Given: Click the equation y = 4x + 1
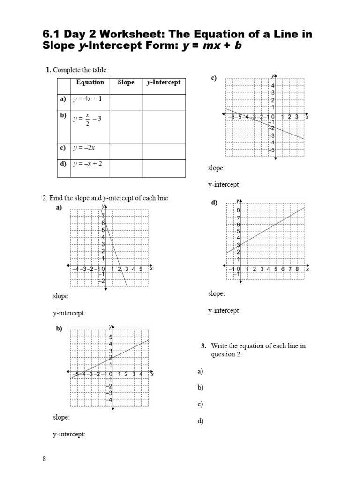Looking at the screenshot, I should tap(87, 99).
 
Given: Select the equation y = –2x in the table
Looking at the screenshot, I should tap(84, 148).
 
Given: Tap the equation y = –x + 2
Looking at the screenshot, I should tap(87, 164).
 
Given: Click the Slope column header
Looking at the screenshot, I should tap(126, 82).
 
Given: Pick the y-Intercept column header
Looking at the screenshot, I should tap(163, 82).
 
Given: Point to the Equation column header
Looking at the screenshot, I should tap(90, 82).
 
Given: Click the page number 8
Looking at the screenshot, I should tap(45, 459).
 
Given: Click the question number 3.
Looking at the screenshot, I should tap(203, 346).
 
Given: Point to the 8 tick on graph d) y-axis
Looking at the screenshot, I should tap(238, 210).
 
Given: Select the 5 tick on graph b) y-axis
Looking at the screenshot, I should tap(111, 337).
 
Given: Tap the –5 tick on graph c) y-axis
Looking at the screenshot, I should tap(272, 150).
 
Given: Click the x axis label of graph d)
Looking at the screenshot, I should tap(307, 270).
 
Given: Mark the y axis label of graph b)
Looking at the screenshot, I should tap(110, 326).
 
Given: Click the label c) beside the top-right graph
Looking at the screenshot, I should tap(213, 78).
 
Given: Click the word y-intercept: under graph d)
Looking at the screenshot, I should tap(224, 310).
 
